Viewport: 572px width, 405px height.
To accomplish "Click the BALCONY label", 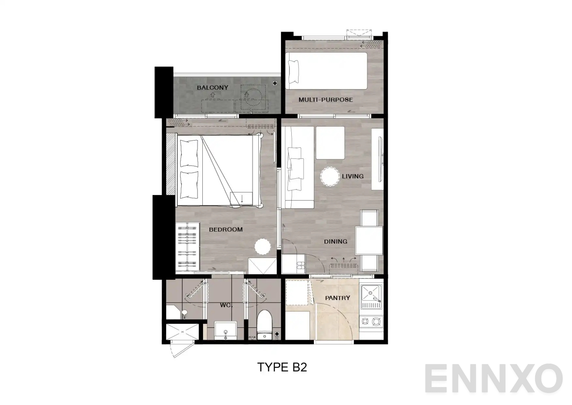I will click(x=212, y=88).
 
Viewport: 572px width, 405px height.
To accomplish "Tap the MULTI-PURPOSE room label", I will click(x=326, y=100).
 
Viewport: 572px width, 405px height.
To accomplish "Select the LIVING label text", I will click(x=352, y=176).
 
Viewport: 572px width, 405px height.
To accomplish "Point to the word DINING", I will click(x=335, y=242).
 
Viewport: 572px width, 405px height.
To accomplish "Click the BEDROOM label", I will click(x=226, y=230).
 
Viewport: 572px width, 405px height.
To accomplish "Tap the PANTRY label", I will click(x=337, y=298).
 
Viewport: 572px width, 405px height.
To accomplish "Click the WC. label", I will click(x=226, y=306).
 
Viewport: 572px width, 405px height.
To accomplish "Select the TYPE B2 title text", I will click(x=282, y=367).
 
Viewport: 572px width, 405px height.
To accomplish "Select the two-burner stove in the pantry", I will click(x=371, y=322).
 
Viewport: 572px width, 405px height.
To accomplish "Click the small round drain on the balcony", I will click(x=275, y=83).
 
